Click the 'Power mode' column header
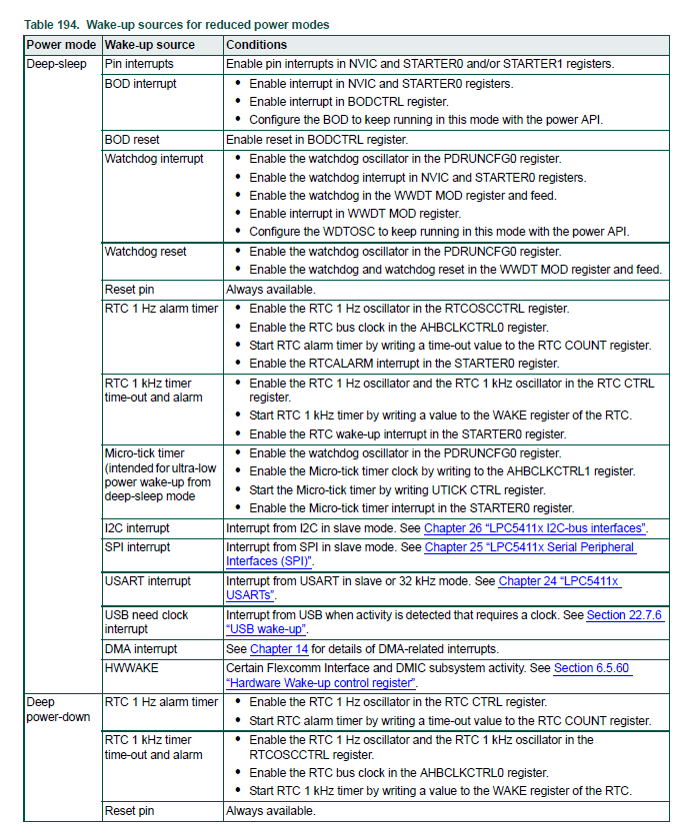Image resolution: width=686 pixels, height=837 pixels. point(61,45)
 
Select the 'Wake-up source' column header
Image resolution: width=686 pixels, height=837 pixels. point(150,45)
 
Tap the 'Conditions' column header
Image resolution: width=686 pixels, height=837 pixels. point(256,45)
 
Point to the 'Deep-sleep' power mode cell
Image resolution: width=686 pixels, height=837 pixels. point(57,64)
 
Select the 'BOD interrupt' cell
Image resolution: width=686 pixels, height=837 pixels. point(141,84)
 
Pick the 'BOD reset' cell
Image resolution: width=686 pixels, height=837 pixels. point(132,140)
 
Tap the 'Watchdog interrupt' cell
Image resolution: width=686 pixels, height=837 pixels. point(154,159)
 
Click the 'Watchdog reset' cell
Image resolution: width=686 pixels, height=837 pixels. point(146,252)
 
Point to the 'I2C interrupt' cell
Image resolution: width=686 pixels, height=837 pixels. point(137,527)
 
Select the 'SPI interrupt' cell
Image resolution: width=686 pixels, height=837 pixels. point(138,547)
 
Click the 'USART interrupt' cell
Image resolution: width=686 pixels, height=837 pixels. point(145,580)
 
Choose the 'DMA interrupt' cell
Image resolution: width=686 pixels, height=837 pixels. point(141,649)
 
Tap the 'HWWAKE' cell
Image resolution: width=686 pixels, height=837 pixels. point(128,668)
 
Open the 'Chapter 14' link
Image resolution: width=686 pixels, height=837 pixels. point(279,649)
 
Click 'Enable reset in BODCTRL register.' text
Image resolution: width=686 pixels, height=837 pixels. point(317,140)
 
